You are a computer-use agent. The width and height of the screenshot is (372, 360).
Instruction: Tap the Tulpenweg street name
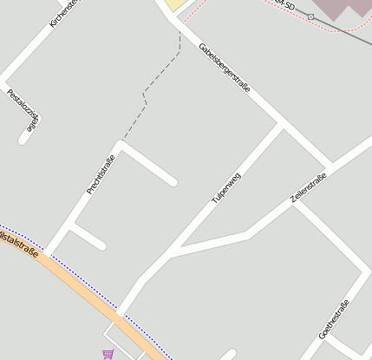[x=226, y=188]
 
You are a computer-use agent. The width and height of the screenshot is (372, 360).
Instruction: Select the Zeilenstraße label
[x=309, y=188]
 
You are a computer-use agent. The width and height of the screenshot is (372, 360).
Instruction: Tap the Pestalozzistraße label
[x=23, y=109]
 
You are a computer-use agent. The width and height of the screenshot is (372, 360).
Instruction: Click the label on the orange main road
[x=19, y=242]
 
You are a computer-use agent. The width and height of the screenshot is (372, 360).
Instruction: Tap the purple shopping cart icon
[x=108, y=354]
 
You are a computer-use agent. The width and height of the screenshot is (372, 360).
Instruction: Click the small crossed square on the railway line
[x=310, y=16]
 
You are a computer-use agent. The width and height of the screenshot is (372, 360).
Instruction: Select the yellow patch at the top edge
[x=177, y=4]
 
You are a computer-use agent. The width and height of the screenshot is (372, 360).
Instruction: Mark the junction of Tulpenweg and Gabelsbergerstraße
[x=282, y=125]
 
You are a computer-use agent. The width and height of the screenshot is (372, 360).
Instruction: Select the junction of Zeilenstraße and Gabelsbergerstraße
[x=329, y=165]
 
